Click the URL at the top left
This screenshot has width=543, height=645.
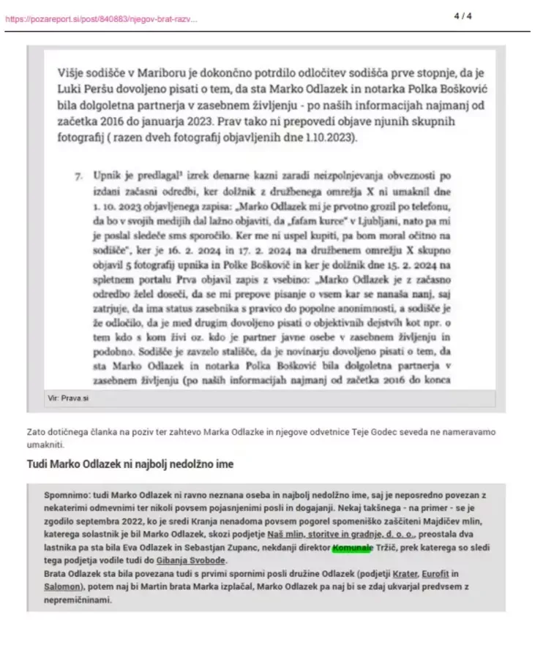[x=101, y=18]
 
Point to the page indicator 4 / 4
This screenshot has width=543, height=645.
[x=463, y=15]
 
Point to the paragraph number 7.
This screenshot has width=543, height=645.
[x=78, y=176]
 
